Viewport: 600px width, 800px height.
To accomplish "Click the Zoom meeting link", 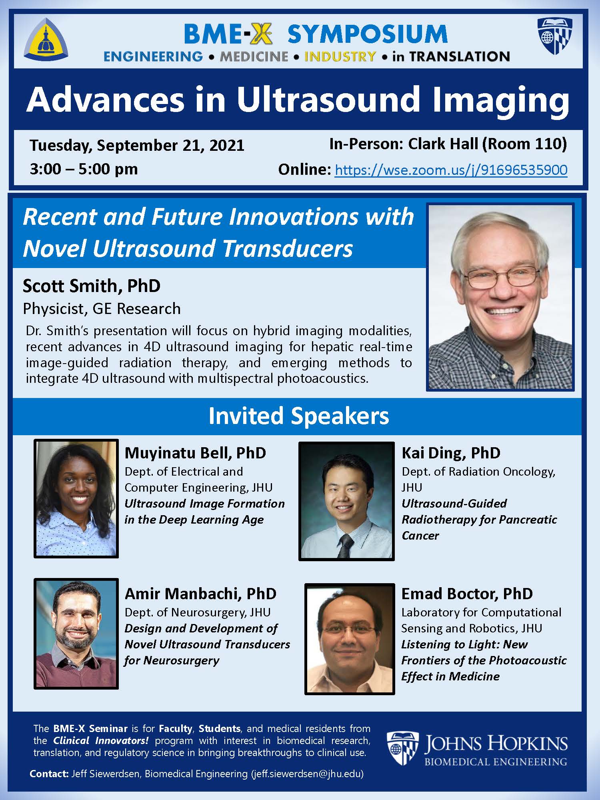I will (451, 170).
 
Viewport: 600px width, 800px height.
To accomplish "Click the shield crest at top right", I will (555, 36).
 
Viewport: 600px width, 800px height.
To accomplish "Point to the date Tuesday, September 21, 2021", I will (137, 145).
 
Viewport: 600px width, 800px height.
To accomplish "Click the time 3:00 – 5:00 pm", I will (84, 169).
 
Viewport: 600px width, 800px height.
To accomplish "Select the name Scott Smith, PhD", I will (92, 286).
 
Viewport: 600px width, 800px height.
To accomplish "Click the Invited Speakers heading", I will (298, 416).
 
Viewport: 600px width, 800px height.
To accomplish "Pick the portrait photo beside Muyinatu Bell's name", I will (76, 498).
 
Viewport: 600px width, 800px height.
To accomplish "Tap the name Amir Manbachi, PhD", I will (200, 594).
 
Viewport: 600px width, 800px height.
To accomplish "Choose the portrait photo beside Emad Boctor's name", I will (350, 638).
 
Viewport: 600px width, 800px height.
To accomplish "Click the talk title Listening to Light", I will (464, 644).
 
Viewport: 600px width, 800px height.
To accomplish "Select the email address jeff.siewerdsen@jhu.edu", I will (307, 774).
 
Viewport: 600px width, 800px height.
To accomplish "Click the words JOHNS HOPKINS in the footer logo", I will (495, 744).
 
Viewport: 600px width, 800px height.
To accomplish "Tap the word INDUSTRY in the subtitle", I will (340, 56).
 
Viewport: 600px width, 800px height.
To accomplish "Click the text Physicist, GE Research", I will (102, 309).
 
